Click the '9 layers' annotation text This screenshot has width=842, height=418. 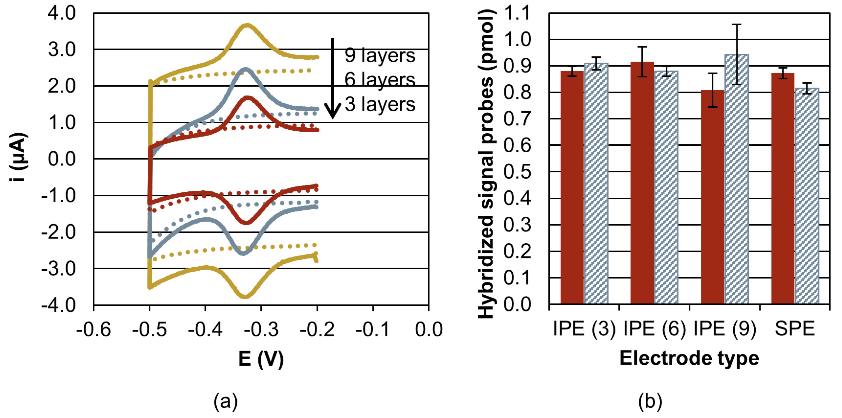(380, 55)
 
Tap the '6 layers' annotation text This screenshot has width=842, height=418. (380, 80)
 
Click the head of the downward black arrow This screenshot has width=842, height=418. (332, 113)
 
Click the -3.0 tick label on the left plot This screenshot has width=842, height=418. (58, 269)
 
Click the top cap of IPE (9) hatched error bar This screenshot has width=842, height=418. (736, 24)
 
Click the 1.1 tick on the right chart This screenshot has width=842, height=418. (516, 14)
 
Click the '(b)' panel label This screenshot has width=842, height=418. (650, 401)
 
